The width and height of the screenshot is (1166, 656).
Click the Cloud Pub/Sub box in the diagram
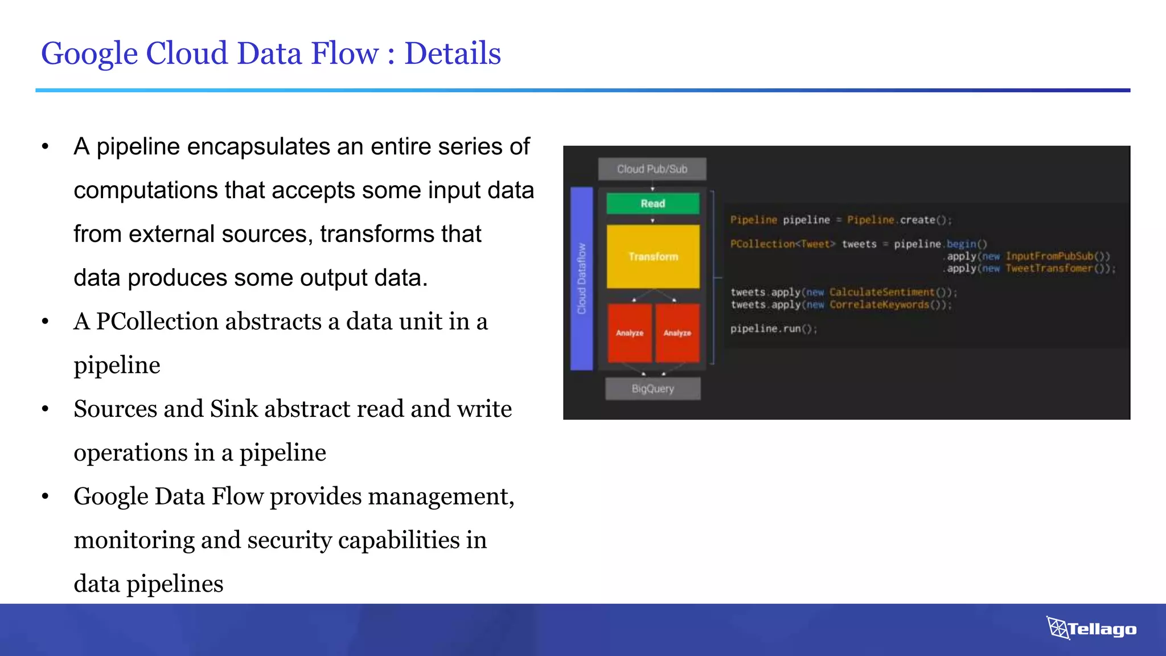click(652, 169)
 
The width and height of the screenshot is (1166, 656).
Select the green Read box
click(652, 203)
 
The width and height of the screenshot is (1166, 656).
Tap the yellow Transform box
click(653, 257)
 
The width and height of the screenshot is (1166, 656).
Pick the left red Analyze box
click(630, 333)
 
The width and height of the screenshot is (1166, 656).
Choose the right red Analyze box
click(677, 333)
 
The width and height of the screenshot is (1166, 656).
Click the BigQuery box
click(652, 389)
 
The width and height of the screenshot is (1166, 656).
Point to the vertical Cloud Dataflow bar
click(581, 278)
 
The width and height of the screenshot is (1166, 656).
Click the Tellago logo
click(1091, 629)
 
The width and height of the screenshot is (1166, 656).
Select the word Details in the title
click(453, 54)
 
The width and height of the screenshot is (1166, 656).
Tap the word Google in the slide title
click(89, 54)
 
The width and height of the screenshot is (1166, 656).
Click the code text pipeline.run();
click(773, 329)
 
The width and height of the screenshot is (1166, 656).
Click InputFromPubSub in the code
click(1050, 256)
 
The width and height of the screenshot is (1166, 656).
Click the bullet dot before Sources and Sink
click(46, 409)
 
